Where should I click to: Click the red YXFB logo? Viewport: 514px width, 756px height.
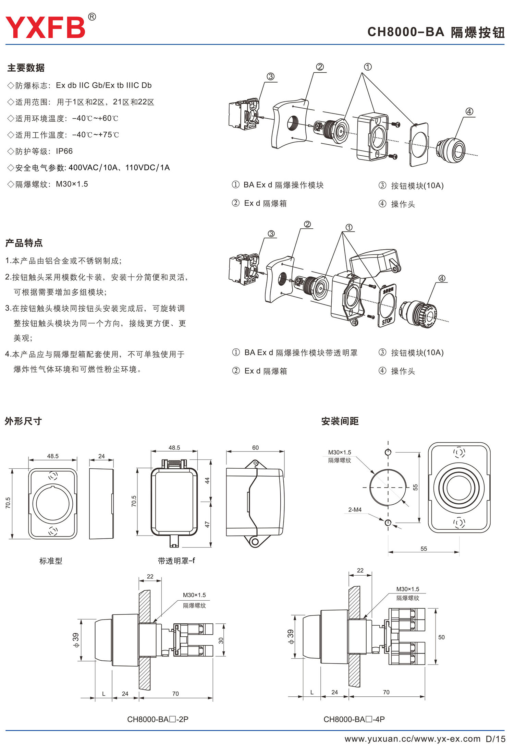[x=45, y=27]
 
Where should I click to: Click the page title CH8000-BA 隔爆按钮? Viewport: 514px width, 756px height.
[x=436, y=32]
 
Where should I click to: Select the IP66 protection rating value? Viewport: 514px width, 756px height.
[x=64, y=151]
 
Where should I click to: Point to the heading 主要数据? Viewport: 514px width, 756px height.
[x=26, y=68]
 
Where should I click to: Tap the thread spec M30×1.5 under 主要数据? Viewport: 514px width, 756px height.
[x=72, y=184]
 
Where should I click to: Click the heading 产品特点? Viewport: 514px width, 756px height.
[x=24, y=243]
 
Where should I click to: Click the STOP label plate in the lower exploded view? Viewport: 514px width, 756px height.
[x=387, y=321]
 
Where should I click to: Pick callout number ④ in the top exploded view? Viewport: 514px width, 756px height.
[x=469, y=111]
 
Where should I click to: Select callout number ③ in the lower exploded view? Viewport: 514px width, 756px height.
[x=271, y=234]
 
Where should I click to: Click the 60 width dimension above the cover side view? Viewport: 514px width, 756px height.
[x=255, y=448]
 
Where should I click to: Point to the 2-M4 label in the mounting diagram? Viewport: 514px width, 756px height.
[x=355, y=510]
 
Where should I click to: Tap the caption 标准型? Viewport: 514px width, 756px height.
[x=51, y=561]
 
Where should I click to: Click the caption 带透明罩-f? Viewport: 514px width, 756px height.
[x=176, y=561]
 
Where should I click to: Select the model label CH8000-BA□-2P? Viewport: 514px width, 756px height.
[x=158, y=719]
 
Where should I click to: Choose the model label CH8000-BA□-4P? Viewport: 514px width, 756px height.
[x=354, y=719]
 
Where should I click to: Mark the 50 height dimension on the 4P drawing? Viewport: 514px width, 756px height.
[x=441, y=637]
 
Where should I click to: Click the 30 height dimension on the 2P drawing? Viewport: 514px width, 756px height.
[x=221, y=640]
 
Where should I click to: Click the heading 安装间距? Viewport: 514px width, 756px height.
[x=340, y=421]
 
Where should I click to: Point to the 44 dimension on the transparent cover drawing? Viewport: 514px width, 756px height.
[x=207, y=481]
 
